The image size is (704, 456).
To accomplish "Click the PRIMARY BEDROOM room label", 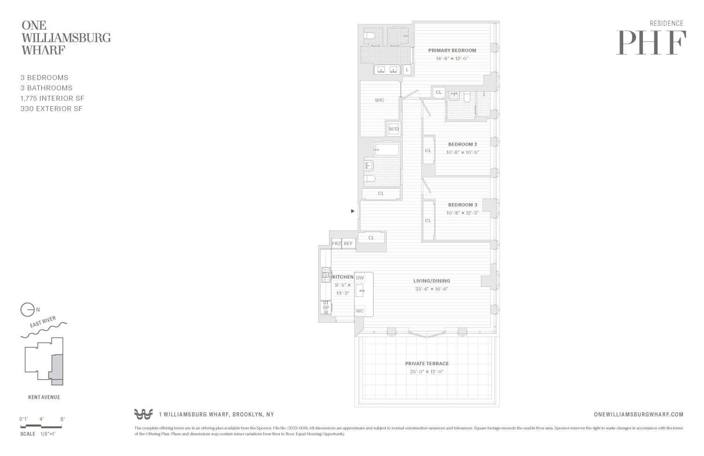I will coord(452,50).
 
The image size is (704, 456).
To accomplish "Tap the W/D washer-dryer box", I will coord(393,129).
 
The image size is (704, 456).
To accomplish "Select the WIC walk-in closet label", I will coord(379,100).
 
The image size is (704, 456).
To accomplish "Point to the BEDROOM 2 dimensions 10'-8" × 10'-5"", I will coord(462,153).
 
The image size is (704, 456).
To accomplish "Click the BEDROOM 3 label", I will coord(462,205).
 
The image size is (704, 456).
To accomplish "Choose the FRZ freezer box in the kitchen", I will coord(337,244).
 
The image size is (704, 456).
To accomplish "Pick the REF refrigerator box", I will coord(348,244).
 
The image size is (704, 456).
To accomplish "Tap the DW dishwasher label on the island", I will coord(360,278).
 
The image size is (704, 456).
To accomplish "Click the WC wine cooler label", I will coord(360,311).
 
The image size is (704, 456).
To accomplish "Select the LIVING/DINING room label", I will coord(431,281).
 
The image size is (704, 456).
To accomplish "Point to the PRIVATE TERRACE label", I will coord(427,363).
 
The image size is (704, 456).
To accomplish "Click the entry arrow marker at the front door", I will coord(353,211).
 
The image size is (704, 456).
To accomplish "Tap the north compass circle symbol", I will coord(27,310).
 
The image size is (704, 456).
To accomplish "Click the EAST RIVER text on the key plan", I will coord(43,322).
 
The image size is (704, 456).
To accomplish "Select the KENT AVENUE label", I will coord(44,397).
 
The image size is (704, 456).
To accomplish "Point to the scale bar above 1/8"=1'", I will coord(42,426).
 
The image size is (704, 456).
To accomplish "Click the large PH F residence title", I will coord(651,43).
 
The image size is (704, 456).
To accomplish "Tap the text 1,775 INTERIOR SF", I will coord(53,98).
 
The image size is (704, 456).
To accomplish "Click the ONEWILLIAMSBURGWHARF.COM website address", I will coord(638,414).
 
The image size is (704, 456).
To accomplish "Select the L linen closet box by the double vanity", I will coord(407,70).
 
